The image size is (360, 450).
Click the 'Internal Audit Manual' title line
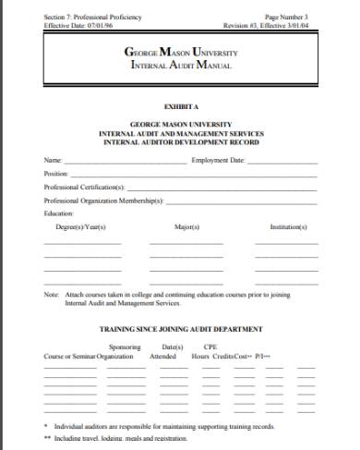[179, 67]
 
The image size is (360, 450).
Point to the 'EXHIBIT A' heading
[180, 107]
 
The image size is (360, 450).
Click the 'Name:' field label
[53, 160]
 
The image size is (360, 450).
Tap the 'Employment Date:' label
[218, 160]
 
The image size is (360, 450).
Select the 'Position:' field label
[56, 173]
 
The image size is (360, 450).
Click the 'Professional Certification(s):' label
[83, 186]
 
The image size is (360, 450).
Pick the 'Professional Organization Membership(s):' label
[103, 199]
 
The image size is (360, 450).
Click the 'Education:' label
[58, 212]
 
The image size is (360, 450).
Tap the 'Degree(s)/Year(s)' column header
[81, 226]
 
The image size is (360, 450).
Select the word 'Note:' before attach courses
[52, 295]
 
